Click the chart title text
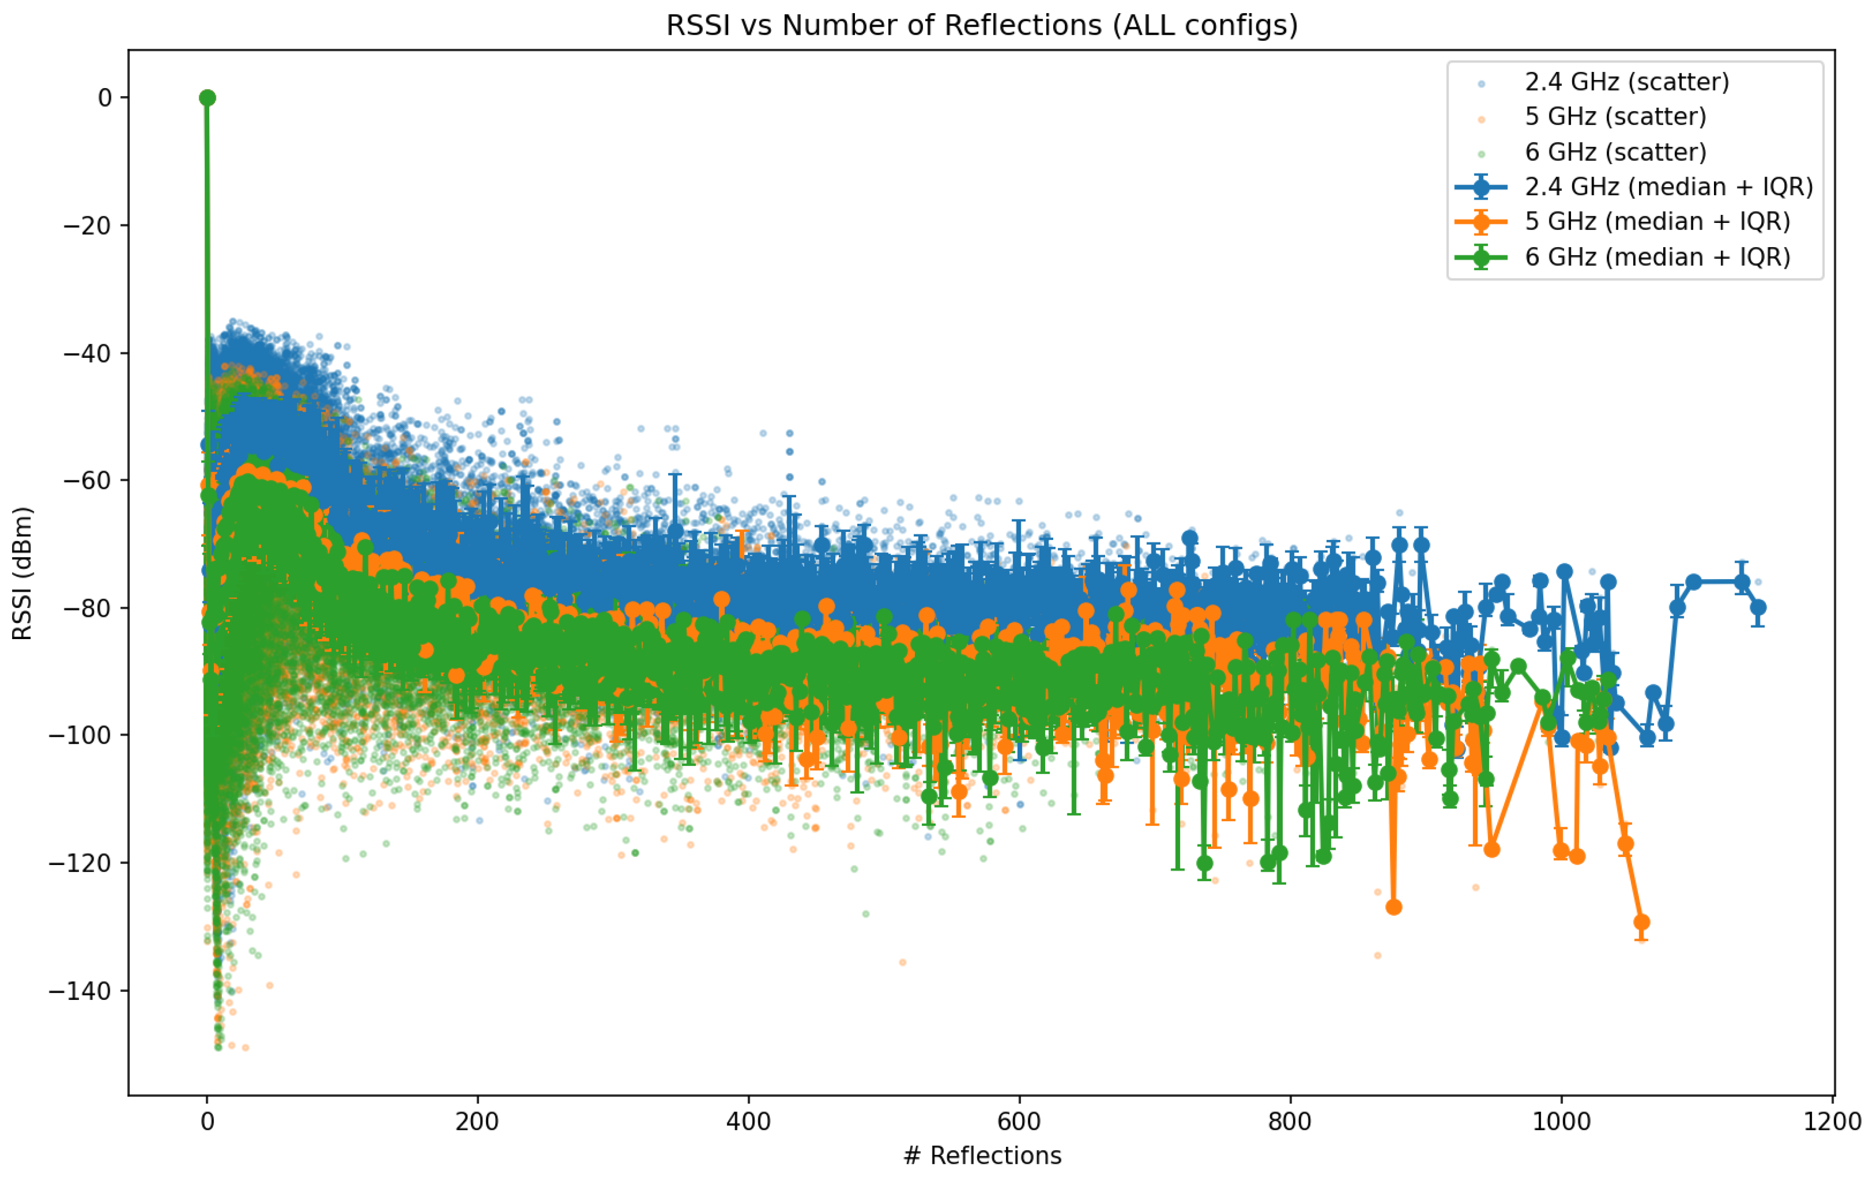click(981, 26)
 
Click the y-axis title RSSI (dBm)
click(23, 574)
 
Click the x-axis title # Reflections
click(981, 1155)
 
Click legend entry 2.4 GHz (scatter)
click(1626, 82)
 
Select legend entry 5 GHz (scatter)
click(1615, 117)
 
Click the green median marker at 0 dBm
click(207, 97)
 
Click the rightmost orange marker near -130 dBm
click(1642, 922)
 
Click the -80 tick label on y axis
click(80, 608)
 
